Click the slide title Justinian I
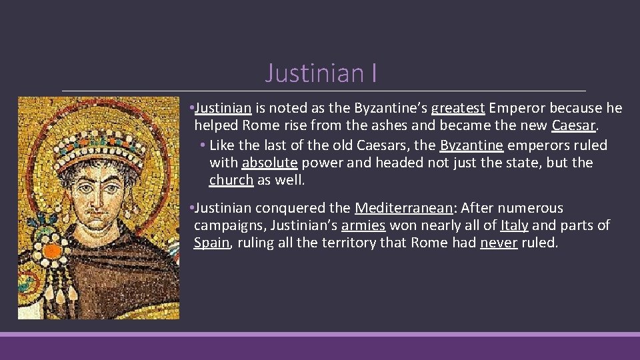(x=321, y=73)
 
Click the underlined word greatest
(x=458, y=108)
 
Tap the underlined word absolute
(x=269, y=163)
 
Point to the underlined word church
(x=231, y=180)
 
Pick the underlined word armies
(x=363, y=225)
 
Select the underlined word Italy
(x=514, y=225)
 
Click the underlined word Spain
(x=211, y=243)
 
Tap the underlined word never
(x=499, y=243)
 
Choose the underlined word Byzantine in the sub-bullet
(x=471, y=145)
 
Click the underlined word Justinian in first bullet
(x=223, y=108)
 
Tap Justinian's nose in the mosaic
(x=100, y=193)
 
